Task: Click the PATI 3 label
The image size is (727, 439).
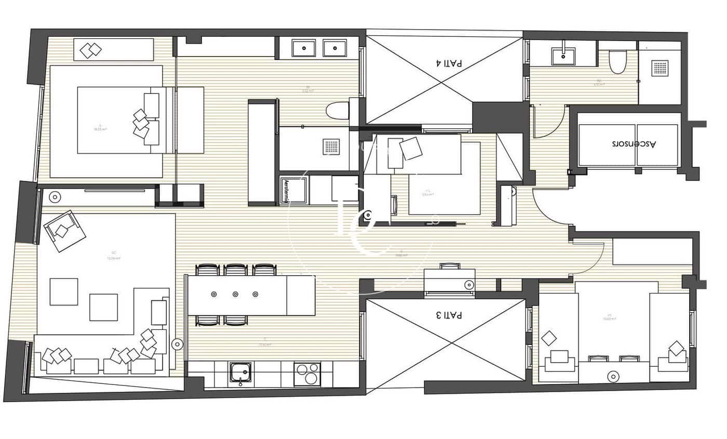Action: (x=449, y=315)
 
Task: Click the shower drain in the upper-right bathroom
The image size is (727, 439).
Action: (x=659, y=68)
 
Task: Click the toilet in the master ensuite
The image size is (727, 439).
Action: (x=338, y=111)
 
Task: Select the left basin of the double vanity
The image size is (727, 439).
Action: (x=302, y=48)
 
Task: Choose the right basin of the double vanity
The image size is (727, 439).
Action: (x=335, y=48)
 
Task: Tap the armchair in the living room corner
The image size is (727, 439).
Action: (x=64, y=231)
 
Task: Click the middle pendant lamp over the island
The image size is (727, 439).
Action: (x=235, y=295)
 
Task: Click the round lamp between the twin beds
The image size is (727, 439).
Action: (x=614, y=376)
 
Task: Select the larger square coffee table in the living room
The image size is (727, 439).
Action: (x=103, y=307)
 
